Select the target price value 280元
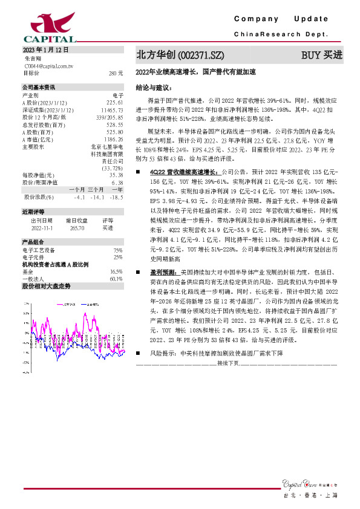(x=116, y=73)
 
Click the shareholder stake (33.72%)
(x=112, y=167)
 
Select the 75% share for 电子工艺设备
(x=118, y=250)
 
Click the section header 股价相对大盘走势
(x=47, y=286)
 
